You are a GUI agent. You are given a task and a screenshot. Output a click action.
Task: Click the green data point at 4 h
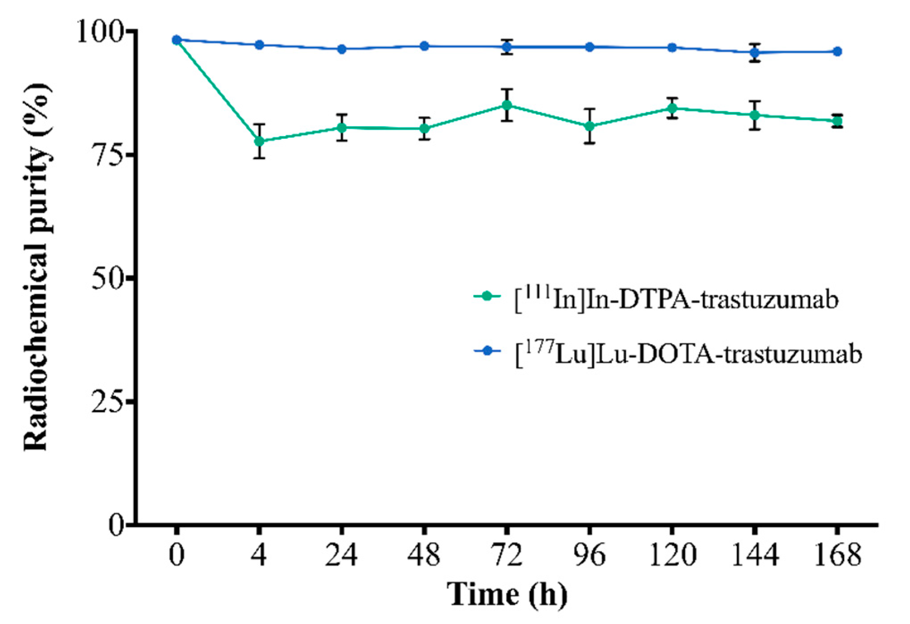tap(259, 141)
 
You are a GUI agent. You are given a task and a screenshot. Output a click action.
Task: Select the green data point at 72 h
tap(507, 105)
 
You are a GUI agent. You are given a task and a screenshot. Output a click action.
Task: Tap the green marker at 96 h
tap(590, 126)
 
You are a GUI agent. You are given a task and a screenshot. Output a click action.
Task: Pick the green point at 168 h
tap(838, 121)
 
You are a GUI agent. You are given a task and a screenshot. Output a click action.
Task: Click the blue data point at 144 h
tap(755, 53)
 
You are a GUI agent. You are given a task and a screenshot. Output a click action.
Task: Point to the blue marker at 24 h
tap(342, 49)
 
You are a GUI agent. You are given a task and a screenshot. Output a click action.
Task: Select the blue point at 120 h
tap(672, 47)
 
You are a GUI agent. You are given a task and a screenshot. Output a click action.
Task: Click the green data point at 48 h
tap(424, 129)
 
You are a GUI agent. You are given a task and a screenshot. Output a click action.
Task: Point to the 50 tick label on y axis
tap(107, 279)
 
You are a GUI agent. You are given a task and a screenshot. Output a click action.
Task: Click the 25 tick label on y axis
tap(107, 402)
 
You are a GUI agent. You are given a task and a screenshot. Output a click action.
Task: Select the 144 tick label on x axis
tap(755, 555)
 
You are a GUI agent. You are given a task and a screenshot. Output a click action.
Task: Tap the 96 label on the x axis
tap(590, 555)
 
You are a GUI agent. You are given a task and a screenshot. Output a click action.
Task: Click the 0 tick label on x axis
tap(177, 555)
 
